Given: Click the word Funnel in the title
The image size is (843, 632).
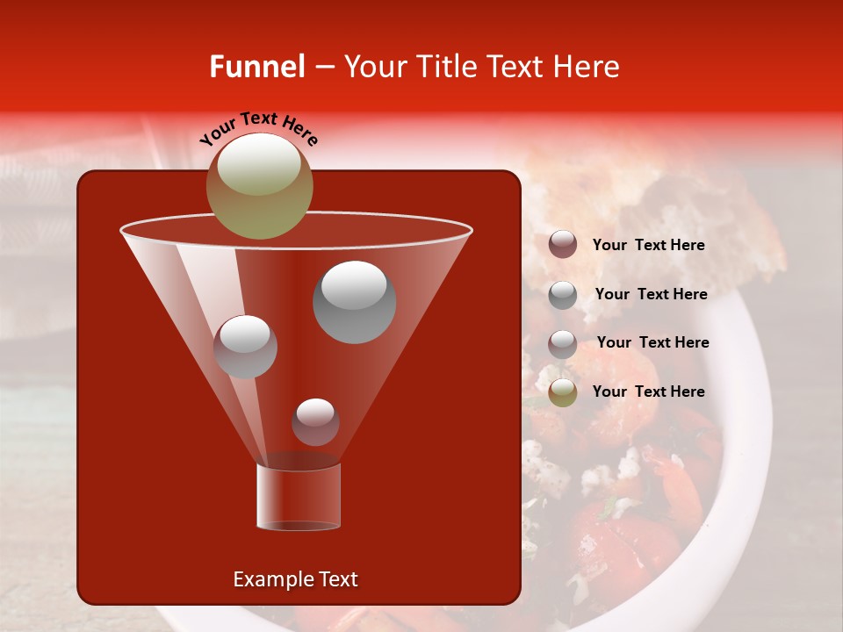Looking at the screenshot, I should tap(256, 67).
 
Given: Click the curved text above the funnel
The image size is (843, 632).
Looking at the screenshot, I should tap(258, 128).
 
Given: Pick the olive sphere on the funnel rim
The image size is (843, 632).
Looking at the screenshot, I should tap(259, 185).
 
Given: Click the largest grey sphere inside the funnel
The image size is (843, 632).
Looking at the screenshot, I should tap(354, 301).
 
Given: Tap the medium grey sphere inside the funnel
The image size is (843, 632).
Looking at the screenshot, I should tap(245, 346).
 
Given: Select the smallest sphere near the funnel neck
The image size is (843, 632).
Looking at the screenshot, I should tap(315, 421).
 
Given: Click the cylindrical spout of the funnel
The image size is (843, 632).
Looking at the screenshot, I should tap(299, 496).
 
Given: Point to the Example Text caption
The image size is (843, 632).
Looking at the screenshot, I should tap(295, 579).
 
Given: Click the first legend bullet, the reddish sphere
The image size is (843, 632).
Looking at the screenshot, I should tap(563, 245).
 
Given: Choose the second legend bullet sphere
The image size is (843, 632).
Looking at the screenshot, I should tap(563, 294).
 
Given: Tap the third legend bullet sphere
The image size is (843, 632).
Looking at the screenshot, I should tap(563, 343).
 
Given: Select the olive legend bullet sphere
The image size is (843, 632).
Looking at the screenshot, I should tap(563, 392).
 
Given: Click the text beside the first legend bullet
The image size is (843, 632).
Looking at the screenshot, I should tap(648, 246).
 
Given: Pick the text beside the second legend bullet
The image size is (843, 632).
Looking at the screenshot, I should tap(651, 294).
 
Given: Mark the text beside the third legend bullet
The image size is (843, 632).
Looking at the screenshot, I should tap(652, 342).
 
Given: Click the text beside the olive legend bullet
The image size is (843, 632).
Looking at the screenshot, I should tap(648, 391).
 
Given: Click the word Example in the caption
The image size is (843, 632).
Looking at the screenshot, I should tap(268, 579).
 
